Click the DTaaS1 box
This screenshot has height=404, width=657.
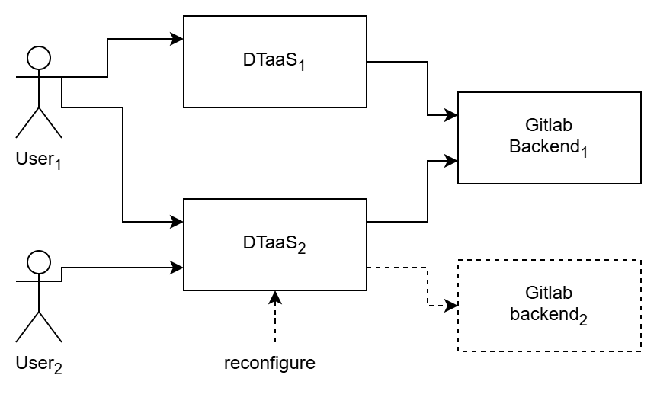pos(275,62)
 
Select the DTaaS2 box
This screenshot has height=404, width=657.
pos(275,245)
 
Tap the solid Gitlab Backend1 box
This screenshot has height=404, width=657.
pos(549,138)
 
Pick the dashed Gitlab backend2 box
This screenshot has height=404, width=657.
pos(549,306)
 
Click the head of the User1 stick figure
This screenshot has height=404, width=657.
pos(39,57)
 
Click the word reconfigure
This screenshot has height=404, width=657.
pos(269,363)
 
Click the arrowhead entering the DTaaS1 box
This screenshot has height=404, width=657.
pos(178,39)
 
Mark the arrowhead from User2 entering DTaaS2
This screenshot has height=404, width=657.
pos(178,268)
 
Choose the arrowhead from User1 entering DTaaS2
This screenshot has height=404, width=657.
pos(178,222)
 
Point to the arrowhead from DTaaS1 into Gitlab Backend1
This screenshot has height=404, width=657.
pos(452,115)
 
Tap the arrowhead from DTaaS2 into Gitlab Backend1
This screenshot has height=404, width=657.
pos(452,161)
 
